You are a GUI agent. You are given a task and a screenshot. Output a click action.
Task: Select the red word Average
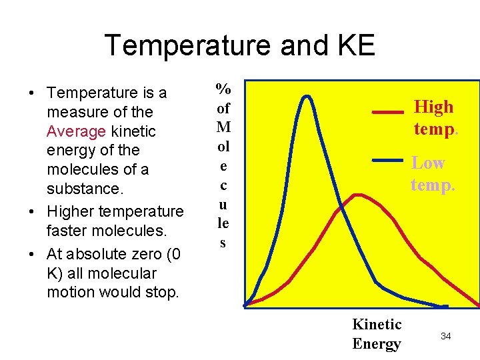(77, 131)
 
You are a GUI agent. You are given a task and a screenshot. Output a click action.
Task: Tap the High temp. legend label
(435, 117)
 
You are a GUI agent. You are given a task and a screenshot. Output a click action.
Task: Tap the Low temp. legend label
(433, 173)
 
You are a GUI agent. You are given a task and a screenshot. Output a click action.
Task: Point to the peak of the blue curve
(307, 97)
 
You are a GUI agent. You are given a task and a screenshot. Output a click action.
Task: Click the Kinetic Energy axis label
(377, 334)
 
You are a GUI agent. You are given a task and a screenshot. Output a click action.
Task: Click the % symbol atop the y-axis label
(223, 89)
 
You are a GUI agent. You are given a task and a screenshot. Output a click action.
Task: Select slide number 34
(445, 336)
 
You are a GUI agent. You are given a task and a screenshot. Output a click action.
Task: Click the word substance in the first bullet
(85, 189)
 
